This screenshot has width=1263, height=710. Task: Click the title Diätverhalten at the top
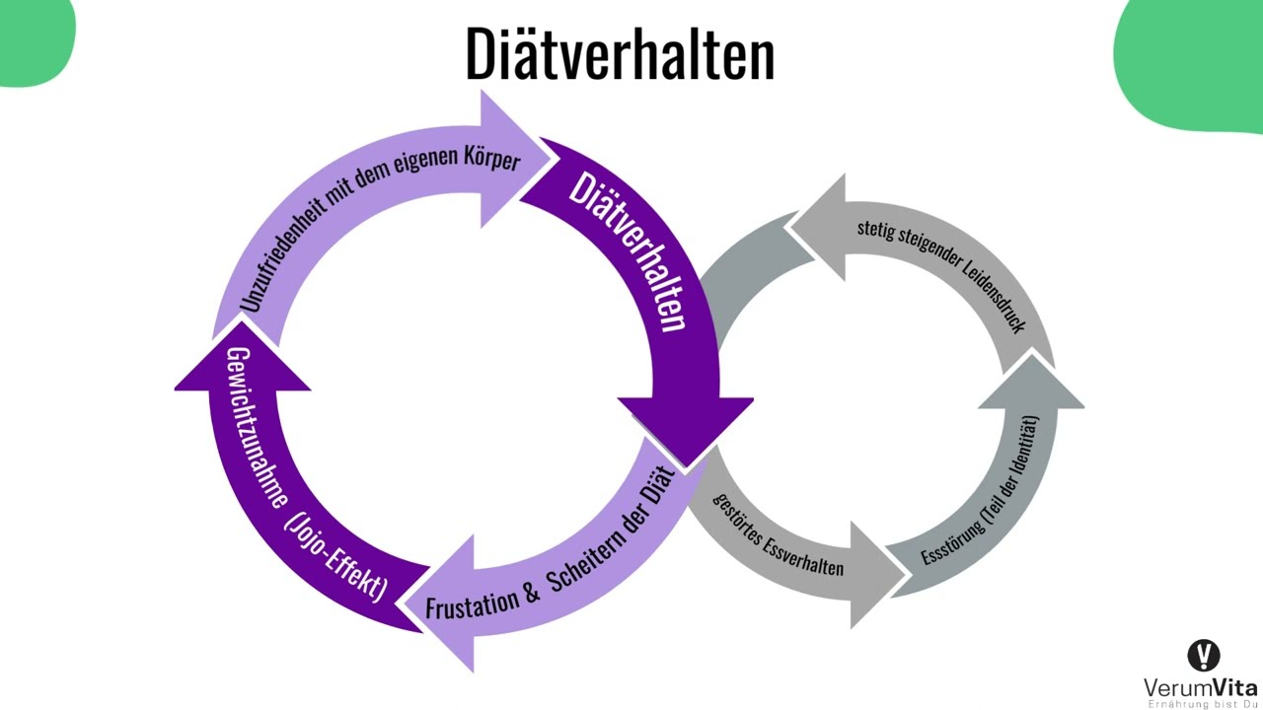pos(621,53)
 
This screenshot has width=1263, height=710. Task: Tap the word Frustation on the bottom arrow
pos(472,603)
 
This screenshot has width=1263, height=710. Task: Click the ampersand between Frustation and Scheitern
pos(532,593)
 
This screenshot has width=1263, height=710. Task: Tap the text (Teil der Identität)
pos(1014,467)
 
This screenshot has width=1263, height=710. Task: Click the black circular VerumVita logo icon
pos(1204,656)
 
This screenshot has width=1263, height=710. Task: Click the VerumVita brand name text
pos(1201,688)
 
